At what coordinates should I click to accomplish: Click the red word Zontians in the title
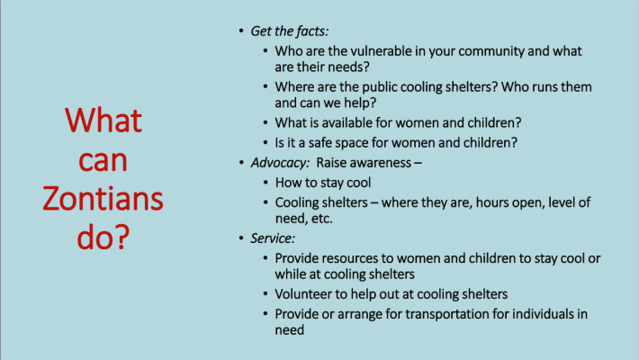pyautogui.click(x=103, y=199)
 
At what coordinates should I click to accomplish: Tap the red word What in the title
pyautogui.click(x=103, y=121)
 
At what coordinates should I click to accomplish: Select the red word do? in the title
pyautogui.click(x=103, y=237)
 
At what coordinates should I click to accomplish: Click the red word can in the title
pyautogui.click(x=103, y=160)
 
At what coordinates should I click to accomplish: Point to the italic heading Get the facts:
pyautogui.click(x=289, y=31)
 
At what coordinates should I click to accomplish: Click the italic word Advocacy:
pyautogui.click(x=280, y=163)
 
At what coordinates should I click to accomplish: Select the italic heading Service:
pyautogui.click(x=273, y=238)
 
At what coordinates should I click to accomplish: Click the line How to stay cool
pyautogui.click(x=323, y=183)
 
